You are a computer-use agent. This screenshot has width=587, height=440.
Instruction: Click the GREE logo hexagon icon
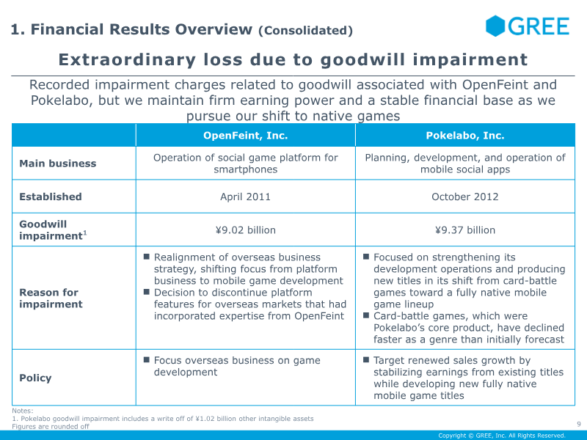496,26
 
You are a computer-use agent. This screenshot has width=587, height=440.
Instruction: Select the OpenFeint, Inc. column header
245,136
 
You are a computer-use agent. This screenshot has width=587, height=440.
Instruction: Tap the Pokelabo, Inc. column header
465,136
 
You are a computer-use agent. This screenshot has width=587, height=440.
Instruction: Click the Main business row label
57,164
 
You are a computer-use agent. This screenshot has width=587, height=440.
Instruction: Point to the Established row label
51,197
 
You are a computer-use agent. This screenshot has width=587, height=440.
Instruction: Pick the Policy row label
35,378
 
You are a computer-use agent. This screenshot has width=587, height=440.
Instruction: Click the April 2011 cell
245,197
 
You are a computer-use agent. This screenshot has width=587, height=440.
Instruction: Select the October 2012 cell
465,197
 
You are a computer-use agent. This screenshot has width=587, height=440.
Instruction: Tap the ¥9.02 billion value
245,230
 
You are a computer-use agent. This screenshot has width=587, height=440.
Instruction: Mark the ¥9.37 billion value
465,230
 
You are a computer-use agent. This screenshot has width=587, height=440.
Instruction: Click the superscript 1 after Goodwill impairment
84,233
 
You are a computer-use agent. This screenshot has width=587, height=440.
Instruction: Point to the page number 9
578,423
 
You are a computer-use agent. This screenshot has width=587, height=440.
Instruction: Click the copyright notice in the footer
502,436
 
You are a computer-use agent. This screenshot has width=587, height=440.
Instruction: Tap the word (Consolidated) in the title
305,31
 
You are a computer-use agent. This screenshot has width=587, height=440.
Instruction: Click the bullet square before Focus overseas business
147,360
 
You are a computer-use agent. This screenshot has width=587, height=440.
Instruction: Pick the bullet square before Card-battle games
367,315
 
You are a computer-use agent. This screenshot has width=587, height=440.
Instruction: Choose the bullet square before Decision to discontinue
147,292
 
